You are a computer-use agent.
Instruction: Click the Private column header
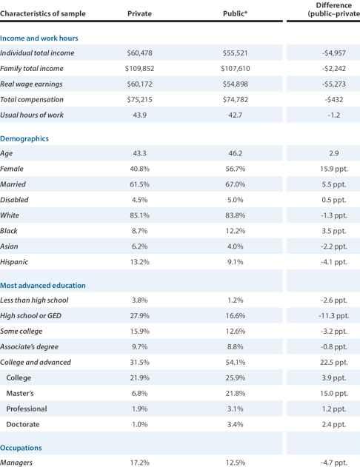[x=139, y=14]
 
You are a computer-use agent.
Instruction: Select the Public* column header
[x=235, y=14]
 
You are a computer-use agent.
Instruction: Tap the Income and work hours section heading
[x=39, y=38]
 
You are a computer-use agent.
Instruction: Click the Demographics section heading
[x=24, y=139]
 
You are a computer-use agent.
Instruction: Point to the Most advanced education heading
[x=43, y=286]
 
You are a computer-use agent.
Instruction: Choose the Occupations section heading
[x=21, y=448]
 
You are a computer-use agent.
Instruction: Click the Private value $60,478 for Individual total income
[x=139, y=53]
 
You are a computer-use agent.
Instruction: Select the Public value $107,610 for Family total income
[x=235, y=69]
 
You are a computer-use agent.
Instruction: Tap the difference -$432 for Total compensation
[x=334, y=100]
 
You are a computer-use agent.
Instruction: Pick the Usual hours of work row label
[x=32, y=115]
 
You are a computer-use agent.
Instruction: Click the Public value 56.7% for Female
[x=235, y=169]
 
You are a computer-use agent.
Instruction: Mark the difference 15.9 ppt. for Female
[x=334, y=169]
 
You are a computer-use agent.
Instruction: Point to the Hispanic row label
[x=14, y=262]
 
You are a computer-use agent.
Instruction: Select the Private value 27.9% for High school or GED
[x=139, y=316]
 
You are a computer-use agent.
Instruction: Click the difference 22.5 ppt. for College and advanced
[x=334, y=363]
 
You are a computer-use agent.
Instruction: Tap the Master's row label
[x=20, y=394]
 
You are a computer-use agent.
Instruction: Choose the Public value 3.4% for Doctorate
[x=235, y=424]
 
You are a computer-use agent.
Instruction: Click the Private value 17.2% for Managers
[x=139, y=463]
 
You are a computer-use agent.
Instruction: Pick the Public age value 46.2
[x=235, y=153]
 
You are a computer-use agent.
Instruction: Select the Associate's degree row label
[x=29, y=347]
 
